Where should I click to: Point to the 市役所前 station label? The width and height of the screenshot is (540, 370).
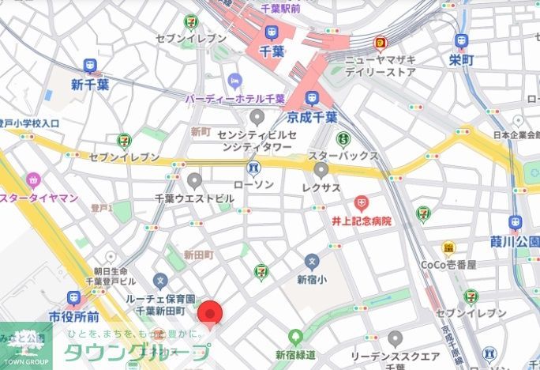pos(73,316)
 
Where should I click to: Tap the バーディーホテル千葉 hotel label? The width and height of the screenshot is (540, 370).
pos(234,100)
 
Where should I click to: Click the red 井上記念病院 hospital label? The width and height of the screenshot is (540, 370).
pos(361,221)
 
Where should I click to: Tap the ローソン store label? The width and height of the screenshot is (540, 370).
pos(253,184)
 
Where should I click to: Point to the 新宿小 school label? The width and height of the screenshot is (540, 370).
pos(312,278)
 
